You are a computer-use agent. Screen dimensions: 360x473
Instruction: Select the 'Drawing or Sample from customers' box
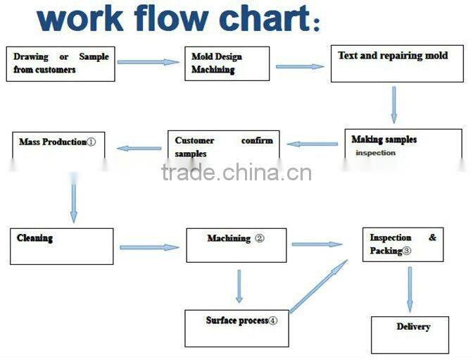pos(61,63)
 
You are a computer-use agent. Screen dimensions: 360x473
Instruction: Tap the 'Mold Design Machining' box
pos(229,63)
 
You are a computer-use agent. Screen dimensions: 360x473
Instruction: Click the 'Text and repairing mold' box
pos(398,63)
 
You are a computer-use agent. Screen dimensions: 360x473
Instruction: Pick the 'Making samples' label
pos(384,139)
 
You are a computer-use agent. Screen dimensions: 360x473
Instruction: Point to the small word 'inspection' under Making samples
pos(375,153)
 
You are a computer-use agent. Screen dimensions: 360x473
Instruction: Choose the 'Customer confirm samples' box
pos(223,147)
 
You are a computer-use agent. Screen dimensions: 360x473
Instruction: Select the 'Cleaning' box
pos(61,246)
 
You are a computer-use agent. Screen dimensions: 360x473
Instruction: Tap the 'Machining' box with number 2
pos(236,244)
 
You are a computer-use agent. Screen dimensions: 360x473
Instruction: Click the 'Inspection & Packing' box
pos(403,244)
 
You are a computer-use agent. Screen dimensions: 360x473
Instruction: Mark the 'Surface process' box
pos(237,328)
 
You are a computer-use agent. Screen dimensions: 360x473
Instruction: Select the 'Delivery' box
pos(410,334)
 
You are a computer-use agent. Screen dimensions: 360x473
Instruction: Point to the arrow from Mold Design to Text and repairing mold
pos(300,67)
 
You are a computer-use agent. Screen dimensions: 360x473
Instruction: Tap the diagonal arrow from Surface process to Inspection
pos(319,286)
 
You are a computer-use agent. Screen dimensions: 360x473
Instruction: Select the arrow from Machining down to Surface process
pos(239,286)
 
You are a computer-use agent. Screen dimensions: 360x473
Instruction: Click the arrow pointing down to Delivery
pos(410,290)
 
